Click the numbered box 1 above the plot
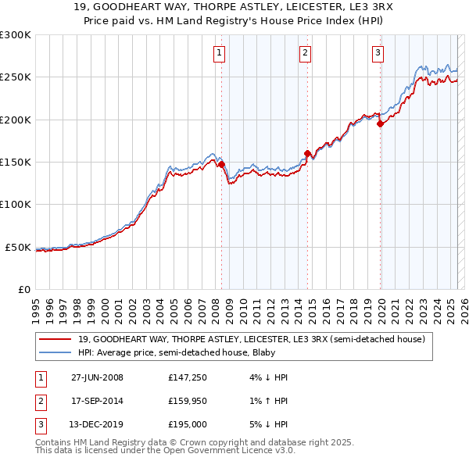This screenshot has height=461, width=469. pos(218,53)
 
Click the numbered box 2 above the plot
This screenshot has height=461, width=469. pos(304,53)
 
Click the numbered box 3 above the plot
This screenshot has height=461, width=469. pos(378,53)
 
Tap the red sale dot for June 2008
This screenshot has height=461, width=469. pos(221,165)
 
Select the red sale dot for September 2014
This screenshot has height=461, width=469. pos(307,154)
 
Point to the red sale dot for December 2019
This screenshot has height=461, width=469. pos(380,123)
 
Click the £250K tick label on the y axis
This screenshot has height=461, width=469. pos(16,77)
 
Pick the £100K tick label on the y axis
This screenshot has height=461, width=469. pos(16,205)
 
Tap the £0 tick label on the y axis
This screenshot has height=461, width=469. pos(23,289)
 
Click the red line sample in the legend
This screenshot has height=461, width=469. pos(56,340)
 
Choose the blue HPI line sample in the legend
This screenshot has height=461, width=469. pos(56,352)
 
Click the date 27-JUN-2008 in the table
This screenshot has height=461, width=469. pos(97,377)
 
